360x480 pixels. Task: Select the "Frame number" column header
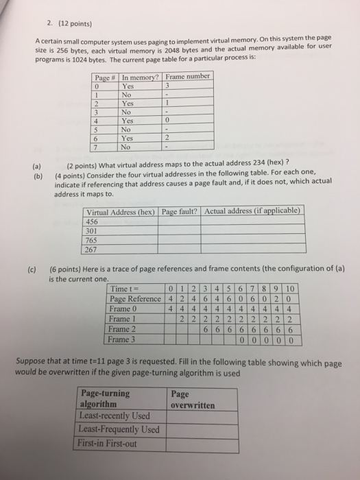[x=188, y=77]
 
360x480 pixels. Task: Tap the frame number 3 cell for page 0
[x=166, y=86]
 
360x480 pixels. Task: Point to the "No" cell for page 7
[x=126, y=145]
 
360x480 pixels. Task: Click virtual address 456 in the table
[x=93, y=221]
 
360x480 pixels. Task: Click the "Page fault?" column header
[x=180, y=211]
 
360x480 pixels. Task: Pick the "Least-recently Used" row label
[x=115, y=416]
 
